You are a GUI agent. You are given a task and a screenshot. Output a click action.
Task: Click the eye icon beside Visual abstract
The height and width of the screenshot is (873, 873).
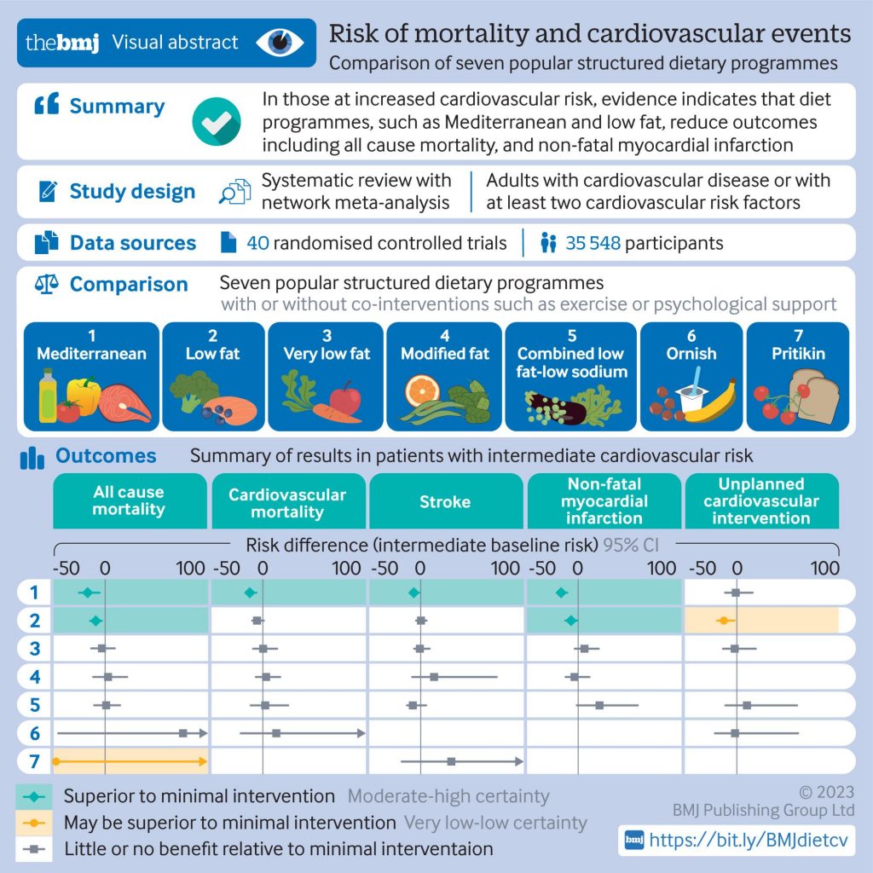(280, 43)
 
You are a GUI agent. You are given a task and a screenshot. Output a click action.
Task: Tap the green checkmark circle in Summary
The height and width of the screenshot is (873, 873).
(217, 121)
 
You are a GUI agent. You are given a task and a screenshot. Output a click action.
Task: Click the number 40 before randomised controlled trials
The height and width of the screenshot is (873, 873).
(257, 243)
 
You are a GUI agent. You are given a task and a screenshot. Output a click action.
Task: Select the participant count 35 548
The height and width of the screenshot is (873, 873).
(593, 243)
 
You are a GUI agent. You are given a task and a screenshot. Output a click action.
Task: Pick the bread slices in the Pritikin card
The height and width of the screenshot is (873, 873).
(814, 396)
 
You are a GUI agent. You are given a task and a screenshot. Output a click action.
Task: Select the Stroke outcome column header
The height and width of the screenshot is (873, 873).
(445, 501)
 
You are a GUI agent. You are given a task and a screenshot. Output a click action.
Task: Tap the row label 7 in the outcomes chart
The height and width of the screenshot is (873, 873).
(34, 761)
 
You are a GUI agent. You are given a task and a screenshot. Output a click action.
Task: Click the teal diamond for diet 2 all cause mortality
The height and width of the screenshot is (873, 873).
(95, 621)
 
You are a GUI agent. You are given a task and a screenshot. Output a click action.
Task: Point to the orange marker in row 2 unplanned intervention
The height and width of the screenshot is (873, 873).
(724, 621)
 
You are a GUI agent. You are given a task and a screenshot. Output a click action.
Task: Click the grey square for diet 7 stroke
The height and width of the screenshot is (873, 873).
(452, 761)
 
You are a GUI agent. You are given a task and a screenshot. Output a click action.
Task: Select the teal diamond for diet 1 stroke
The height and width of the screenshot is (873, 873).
(413, 593)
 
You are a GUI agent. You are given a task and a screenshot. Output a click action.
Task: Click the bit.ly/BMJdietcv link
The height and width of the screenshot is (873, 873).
(749, 840)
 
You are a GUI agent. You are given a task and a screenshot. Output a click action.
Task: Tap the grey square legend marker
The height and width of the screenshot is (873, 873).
(34, 849)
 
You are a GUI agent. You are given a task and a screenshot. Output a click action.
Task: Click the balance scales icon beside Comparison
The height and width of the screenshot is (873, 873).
(47, 284)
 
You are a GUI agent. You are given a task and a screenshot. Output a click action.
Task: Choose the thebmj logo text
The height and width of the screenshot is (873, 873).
(62, 43)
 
